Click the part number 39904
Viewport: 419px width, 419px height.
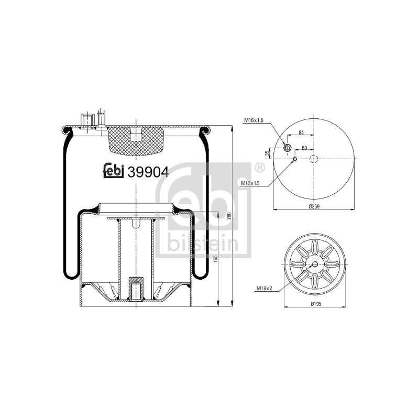tap(148, 172)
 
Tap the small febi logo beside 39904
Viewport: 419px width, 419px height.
tap(113, 171)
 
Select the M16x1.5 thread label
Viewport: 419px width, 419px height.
tap(253, 120)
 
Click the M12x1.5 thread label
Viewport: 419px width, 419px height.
tap(250, 183)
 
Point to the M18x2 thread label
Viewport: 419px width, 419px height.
tap(264, 289)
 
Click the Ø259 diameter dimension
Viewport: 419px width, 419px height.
tap(314, 206)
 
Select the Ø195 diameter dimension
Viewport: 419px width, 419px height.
tap(316, 304)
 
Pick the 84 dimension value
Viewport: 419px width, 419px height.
tap(301, 133)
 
